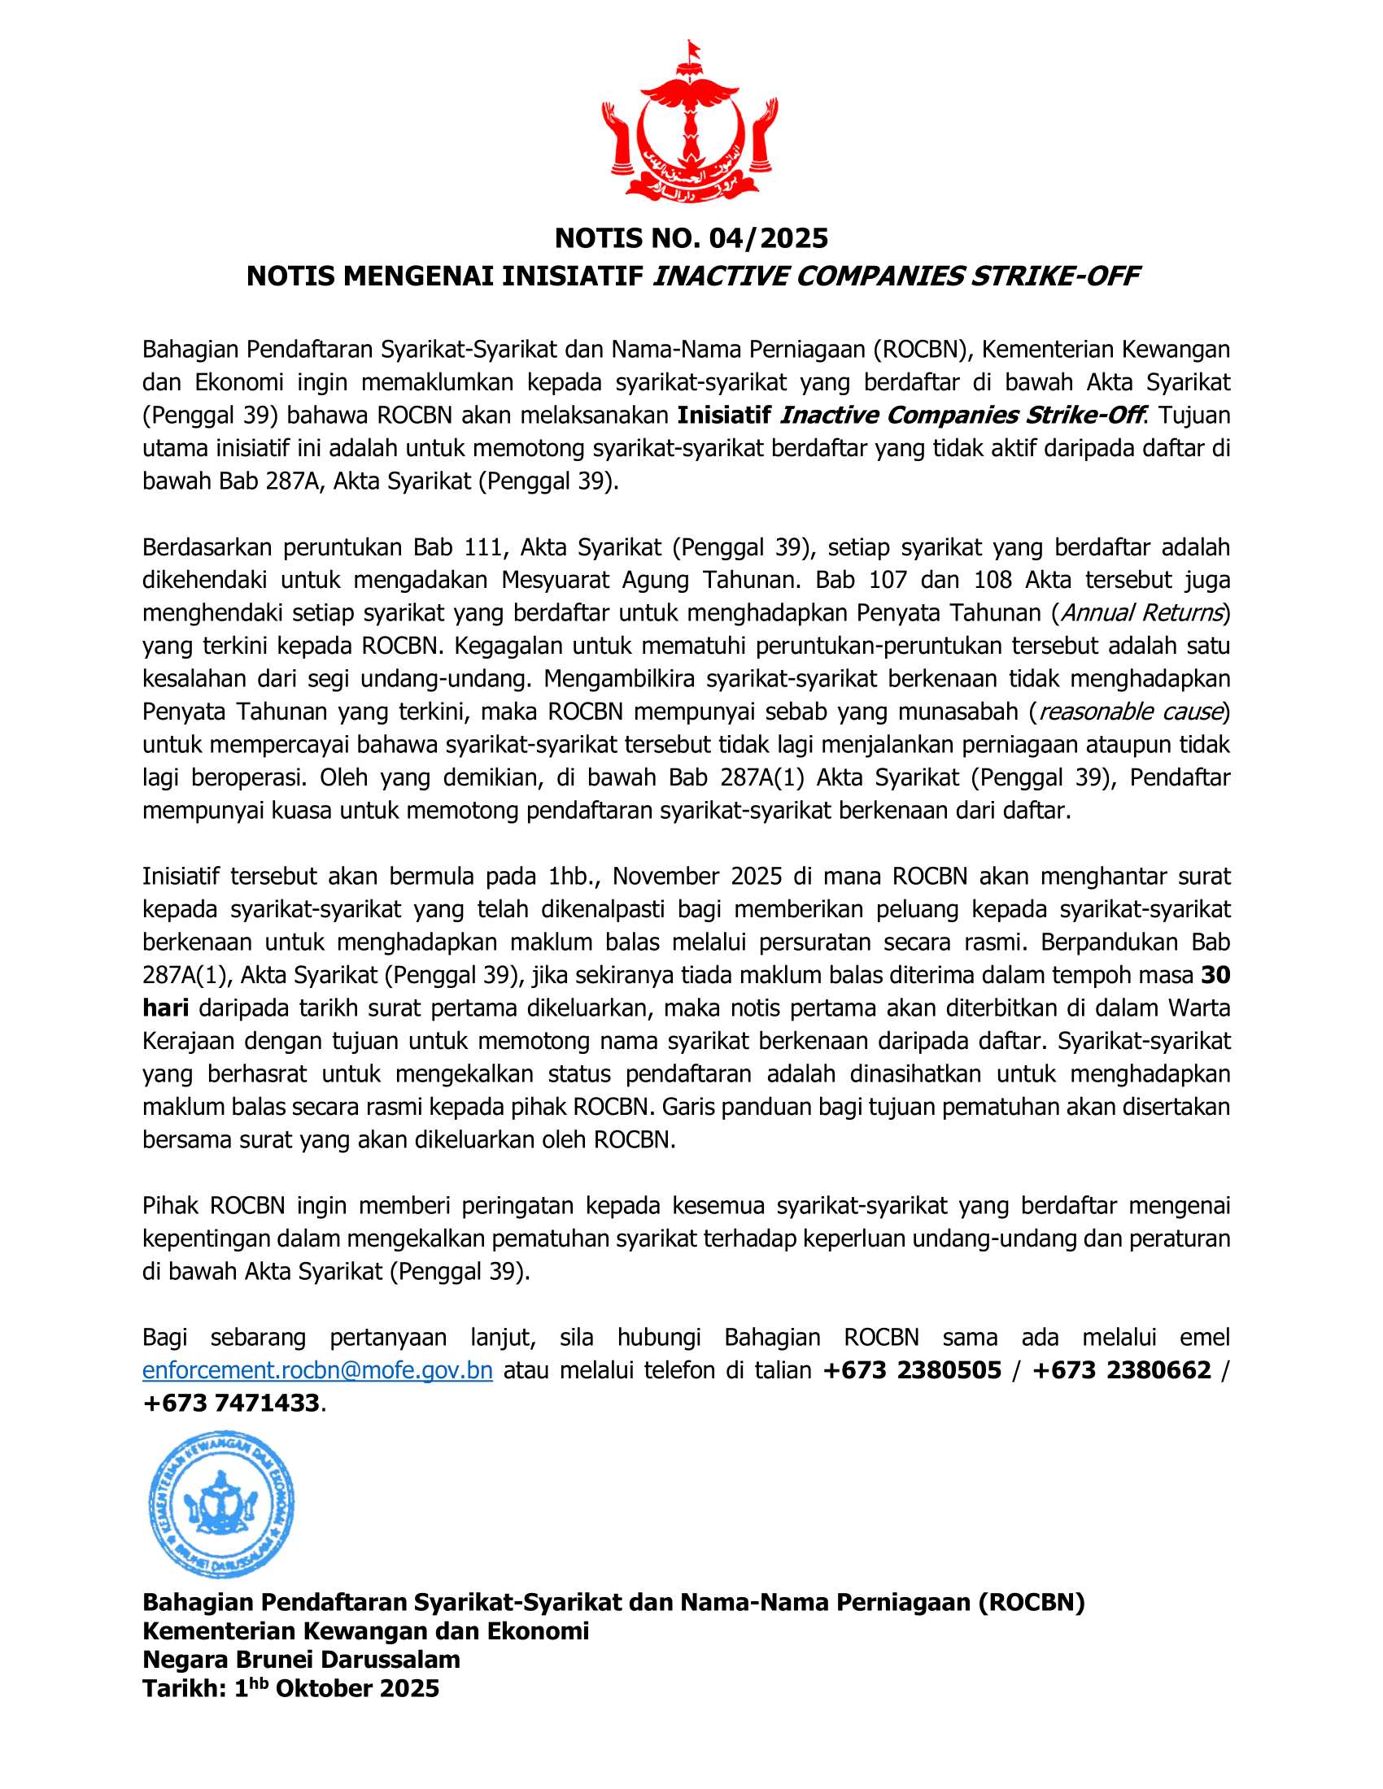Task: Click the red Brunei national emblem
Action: click(690, 123)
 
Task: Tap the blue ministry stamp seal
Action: click(221, 1504)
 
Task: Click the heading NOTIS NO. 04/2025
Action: click(691, 238)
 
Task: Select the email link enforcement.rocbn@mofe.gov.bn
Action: click(317, 1369)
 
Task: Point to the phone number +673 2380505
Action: click(912, 1369)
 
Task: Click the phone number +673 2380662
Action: click(1122, 1369)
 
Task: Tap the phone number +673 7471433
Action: click(231, 1403)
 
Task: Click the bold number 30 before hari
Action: click(1215, 975)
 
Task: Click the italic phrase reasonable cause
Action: click(1131, 711)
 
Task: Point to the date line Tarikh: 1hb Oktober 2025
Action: click(291, 1688)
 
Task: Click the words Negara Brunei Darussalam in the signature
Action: click(301, 1660)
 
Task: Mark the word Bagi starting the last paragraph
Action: click(164, 1337)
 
